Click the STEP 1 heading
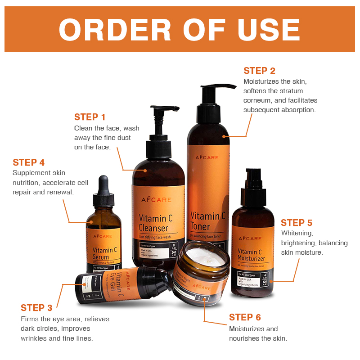[x=90, y=117]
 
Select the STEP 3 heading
[x=36, y=308]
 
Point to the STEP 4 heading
[x=28, y=162]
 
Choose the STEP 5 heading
[x=296, y=223]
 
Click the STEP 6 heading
[x=245, y=317]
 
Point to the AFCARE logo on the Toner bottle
[x=207, y=157]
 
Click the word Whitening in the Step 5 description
[x=297, y=233]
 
